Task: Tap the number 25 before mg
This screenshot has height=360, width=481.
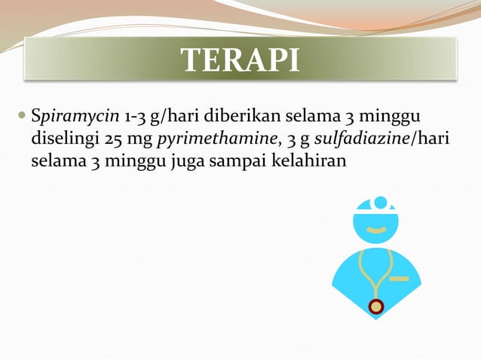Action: (114, 139)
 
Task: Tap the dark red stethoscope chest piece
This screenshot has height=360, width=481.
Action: (376, 306)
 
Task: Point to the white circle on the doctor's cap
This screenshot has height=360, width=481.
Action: (380, 202)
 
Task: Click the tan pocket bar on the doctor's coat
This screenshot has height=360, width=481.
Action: (400, 279)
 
